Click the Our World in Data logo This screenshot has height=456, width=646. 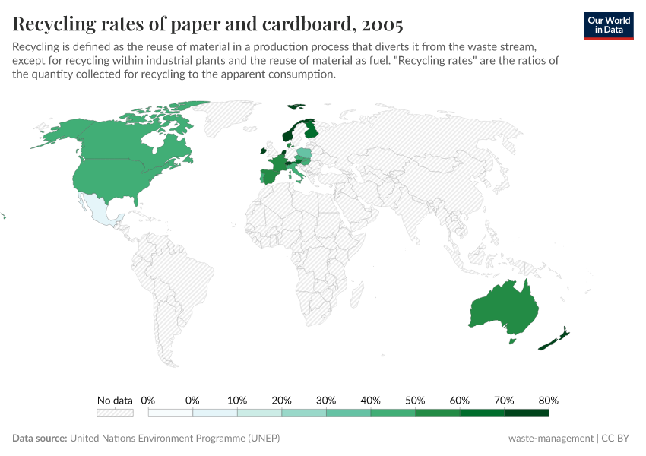point(608,25)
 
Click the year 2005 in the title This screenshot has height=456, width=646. point(382,25)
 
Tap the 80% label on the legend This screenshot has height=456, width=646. point(548,400)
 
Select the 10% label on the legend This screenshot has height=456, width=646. point(237,400)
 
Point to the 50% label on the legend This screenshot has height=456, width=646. point(415,400)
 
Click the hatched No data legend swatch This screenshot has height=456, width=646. point(115,413)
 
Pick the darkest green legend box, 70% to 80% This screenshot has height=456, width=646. point(526,413)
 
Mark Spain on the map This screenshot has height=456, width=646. point(268,177)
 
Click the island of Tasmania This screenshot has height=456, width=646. point(512,340)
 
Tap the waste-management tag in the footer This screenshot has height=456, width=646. point(551,439)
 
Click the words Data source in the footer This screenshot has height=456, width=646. point(40,439)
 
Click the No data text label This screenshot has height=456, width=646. point(115,400)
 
